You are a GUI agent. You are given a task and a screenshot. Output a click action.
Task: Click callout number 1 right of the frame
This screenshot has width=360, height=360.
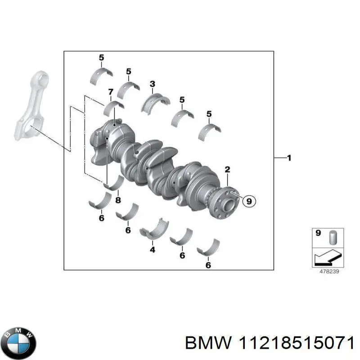click(x=289, y=158)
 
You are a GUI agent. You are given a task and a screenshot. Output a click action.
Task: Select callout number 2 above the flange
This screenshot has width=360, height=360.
click(x=227, y=170)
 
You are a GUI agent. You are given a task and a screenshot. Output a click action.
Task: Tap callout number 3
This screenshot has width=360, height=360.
click(x=152, y=84)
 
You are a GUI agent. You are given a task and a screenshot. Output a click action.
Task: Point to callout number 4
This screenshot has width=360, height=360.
click(x=152, y=249)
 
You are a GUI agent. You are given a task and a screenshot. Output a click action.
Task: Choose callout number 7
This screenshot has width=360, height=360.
click(x=111, y=93)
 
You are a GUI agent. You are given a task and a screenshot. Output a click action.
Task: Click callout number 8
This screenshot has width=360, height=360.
click(x=118, y=200)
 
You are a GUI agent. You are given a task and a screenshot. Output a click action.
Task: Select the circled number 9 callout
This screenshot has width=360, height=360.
click(x=249, y=201)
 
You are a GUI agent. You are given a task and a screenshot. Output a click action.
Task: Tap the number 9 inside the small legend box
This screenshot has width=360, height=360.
click(x=318, y=234)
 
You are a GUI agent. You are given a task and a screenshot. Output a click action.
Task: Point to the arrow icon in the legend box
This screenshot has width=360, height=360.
click(x=327, y=258)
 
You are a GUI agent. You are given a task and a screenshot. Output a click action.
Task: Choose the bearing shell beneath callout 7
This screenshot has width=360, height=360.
click(x=114, y=108)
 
